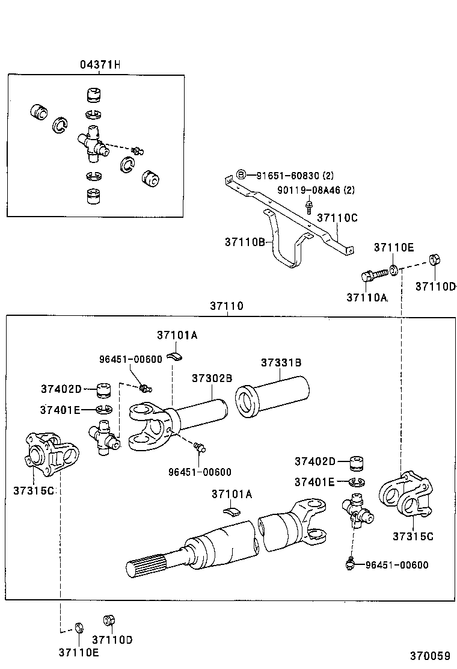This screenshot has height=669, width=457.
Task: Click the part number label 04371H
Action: (100, 65)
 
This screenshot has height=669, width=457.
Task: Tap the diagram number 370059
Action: (430, 655)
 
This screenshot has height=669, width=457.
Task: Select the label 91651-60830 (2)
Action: (295, 176)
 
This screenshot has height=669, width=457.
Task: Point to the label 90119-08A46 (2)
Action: (316, 191)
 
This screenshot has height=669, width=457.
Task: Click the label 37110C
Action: (337, 218)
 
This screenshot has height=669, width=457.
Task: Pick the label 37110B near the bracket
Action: (245, 242)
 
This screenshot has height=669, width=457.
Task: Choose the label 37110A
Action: (367, 297)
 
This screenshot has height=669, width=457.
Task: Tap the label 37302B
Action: (212, 378)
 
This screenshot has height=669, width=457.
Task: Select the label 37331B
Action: (281, 363)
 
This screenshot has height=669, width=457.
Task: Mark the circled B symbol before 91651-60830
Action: (241, 175)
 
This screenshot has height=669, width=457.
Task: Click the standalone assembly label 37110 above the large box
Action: (227, 306)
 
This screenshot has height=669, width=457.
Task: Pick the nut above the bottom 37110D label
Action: (109, 620)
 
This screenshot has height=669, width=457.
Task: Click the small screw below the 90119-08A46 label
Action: (308, 208)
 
